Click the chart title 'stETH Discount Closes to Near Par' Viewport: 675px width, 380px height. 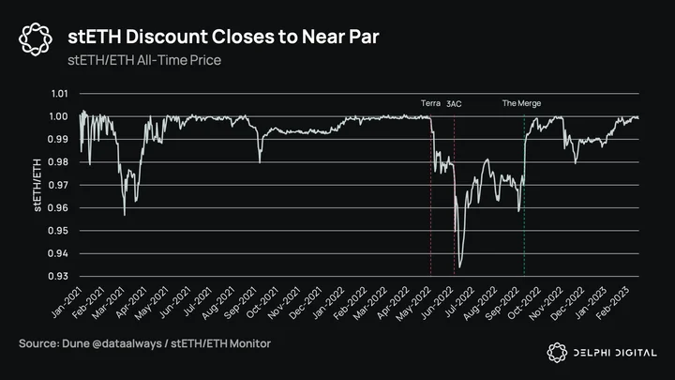pos(223,37)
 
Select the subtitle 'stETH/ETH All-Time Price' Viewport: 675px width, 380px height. pos(144,60)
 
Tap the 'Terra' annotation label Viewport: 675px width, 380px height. pos(430,103)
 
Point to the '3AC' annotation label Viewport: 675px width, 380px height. pos(454,104)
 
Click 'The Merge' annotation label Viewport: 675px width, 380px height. pos(521,103)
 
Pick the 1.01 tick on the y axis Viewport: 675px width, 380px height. pos(59,94)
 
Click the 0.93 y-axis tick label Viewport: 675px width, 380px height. pos(58,276)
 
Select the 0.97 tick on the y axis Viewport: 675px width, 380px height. pos(58,185)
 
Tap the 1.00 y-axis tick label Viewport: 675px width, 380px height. pos(58,116)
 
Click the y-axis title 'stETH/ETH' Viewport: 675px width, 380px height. pos(37,185)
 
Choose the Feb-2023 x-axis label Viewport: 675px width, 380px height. pos(612,303)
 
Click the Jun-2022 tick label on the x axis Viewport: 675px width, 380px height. pos(437,303)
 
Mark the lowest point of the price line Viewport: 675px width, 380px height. pos(459,267)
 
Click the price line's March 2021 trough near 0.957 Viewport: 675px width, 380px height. pos(125,215)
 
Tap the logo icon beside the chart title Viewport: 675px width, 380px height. pos(36,39)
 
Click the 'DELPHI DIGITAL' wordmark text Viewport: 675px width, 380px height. pos(615,353)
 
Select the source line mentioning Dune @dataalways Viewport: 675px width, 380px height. pos(144,343)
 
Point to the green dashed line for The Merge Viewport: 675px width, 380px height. pos(524,195)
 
